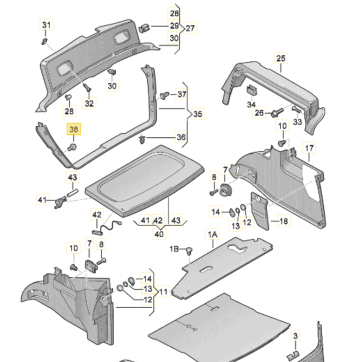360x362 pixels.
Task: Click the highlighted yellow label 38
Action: tap(73, 130)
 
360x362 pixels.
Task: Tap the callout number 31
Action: tap(46, 25)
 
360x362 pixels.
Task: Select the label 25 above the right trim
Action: tap(281, 59)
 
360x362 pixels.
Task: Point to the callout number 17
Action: tap(309, 148)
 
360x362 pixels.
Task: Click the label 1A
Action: tap(213, 234)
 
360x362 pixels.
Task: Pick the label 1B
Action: tap(173, 248)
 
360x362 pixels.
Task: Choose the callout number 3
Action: tap(295, 335)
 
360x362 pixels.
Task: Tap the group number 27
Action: tap(190, 28)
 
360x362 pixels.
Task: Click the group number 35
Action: tap(198, 114)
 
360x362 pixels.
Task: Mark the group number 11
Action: tap(164, 289)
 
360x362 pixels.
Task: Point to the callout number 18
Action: tap(283, 221)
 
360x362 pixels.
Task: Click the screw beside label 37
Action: tap(163, 95)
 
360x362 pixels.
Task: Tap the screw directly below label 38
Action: tap(73, 146)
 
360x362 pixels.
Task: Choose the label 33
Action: tap(298, 121)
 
